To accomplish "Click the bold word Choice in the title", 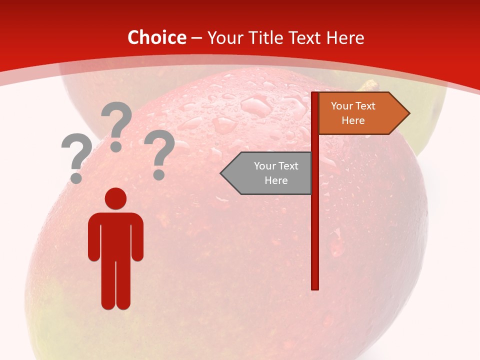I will [x=156, y=37].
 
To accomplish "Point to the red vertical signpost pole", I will [x=315, y=210].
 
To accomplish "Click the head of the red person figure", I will [x=115, y=198].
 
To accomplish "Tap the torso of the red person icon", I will [x=115, y=235].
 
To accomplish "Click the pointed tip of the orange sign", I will [x=407, y=113].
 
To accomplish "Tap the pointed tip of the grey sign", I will [x=223, y=173].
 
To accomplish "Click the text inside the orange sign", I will [x=353, y=113].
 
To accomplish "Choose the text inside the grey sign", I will [x=276, y=173].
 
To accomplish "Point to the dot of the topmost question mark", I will [x=116, y=146].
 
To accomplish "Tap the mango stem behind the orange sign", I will [x=369, y=85].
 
